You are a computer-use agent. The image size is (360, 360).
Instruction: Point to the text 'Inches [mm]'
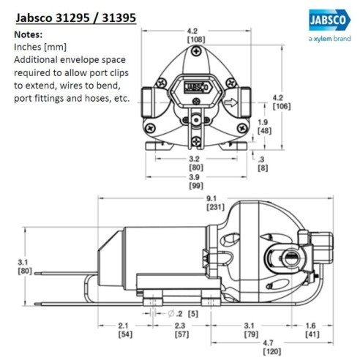pyautogui.click(x=39, y=47)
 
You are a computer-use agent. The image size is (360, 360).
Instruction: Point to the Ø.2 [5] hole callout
pyautogui.click(x=174, y=314)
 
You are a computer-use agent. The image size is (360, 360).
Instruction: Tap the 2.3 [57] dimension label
pyautogui.click(x=181, y=330)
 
